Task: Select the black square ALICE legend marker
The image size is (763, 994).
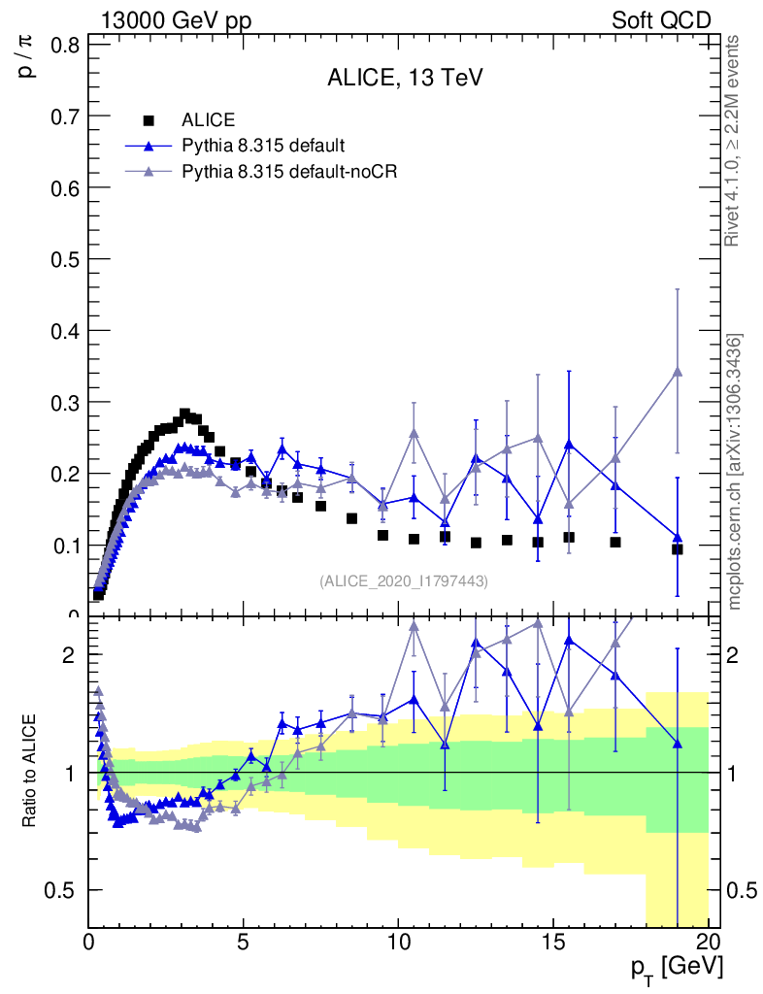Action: tap(149, 120)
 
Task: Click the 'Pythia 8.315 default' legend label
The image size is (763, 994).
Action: tap(263, 146)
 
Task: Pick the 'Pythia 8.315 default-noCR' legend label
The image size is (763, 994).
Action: tap(290, 171)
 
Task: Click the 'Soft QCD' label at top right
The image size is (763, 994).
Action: tap(661, 20)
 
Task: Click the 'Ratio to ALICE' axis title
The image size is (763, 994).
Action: tap(30, 771)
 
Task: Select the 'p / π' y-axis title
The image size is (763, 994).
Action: tap(29, 58)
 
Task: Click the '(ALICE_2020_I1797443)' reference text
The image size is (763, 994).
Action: tap(404, 580)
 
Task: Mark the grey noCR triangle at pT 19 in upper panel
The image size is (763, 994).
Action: tap(678, 372)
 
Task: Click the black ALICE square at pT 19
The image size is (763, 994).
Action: tap(678, 549)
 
